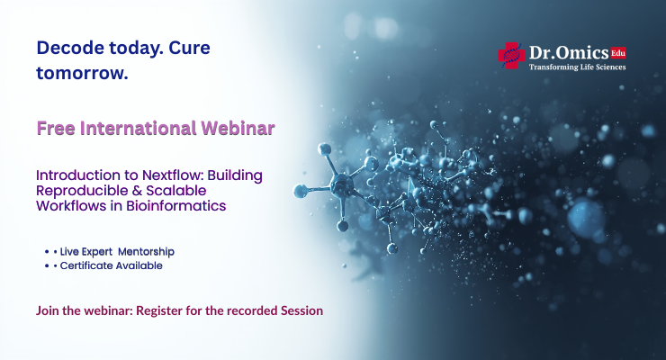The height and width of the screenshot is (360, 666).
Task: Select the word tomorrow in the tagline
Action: click(81, 74)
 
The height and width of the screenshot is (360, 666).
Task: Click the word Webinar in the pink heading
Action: click(238, 128)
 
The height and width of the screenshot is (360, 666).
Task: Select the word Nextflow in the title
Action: click(167, 175)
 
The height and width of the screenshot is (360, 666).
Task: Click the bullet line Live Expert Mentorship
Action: click(117, 250)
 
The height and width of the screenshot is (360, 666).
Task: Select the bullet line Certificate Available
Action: click(112, 265)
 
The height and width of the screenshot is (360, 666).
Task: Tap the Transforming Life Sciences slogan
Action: click(576, 67)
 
